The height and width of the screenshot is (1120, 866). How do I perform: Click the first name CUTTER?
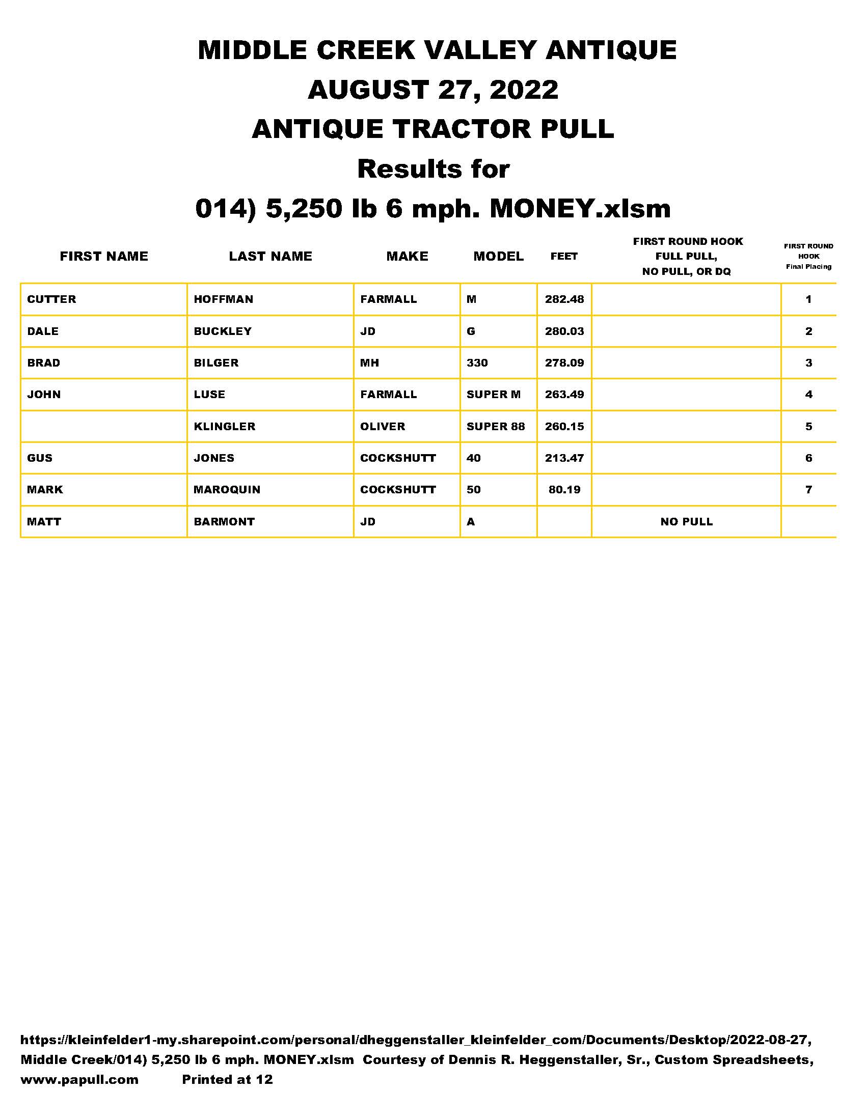point(51,299)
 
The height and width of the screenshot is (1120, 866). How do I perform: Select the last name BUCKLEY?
point(223,331)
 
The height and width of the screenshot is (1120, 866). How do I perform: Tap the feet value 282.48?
point(564,299)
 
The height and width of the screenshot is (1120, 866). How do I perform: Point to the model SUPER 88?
point(496,426)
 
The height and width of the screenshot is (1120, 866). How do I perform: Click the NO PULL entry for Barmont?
point(687,521)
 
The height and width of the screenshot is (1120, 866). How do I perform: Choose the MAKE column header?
point(408,256)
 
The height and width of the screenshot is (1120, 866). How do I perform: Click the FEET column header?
point(564,256)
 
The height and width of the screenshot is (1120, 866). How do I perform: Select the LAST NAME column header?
point(270,256)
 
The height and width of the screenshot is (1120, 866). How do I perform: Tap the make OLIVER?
point(383,426)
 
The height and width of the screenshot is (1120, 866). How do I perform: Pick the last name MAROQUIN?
point(227,490)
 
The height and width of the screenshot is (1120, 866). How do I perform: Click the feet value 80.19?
point(564,490)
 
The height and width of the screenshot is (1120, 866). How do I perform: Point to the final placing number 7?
point(808,490)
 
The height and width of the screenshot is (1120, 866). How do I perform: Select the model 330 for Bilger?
point(477,363)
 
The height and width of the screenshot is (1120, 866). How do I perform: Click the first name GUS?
point(40,458)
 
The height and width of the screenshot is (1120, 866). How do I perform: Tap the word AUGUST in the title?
point(368,90)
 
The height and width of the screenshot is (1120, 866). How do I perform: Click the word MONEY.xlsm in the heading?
point(580,209)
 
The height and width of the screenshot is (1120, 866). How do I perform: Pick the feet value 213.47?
point(564,458)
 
